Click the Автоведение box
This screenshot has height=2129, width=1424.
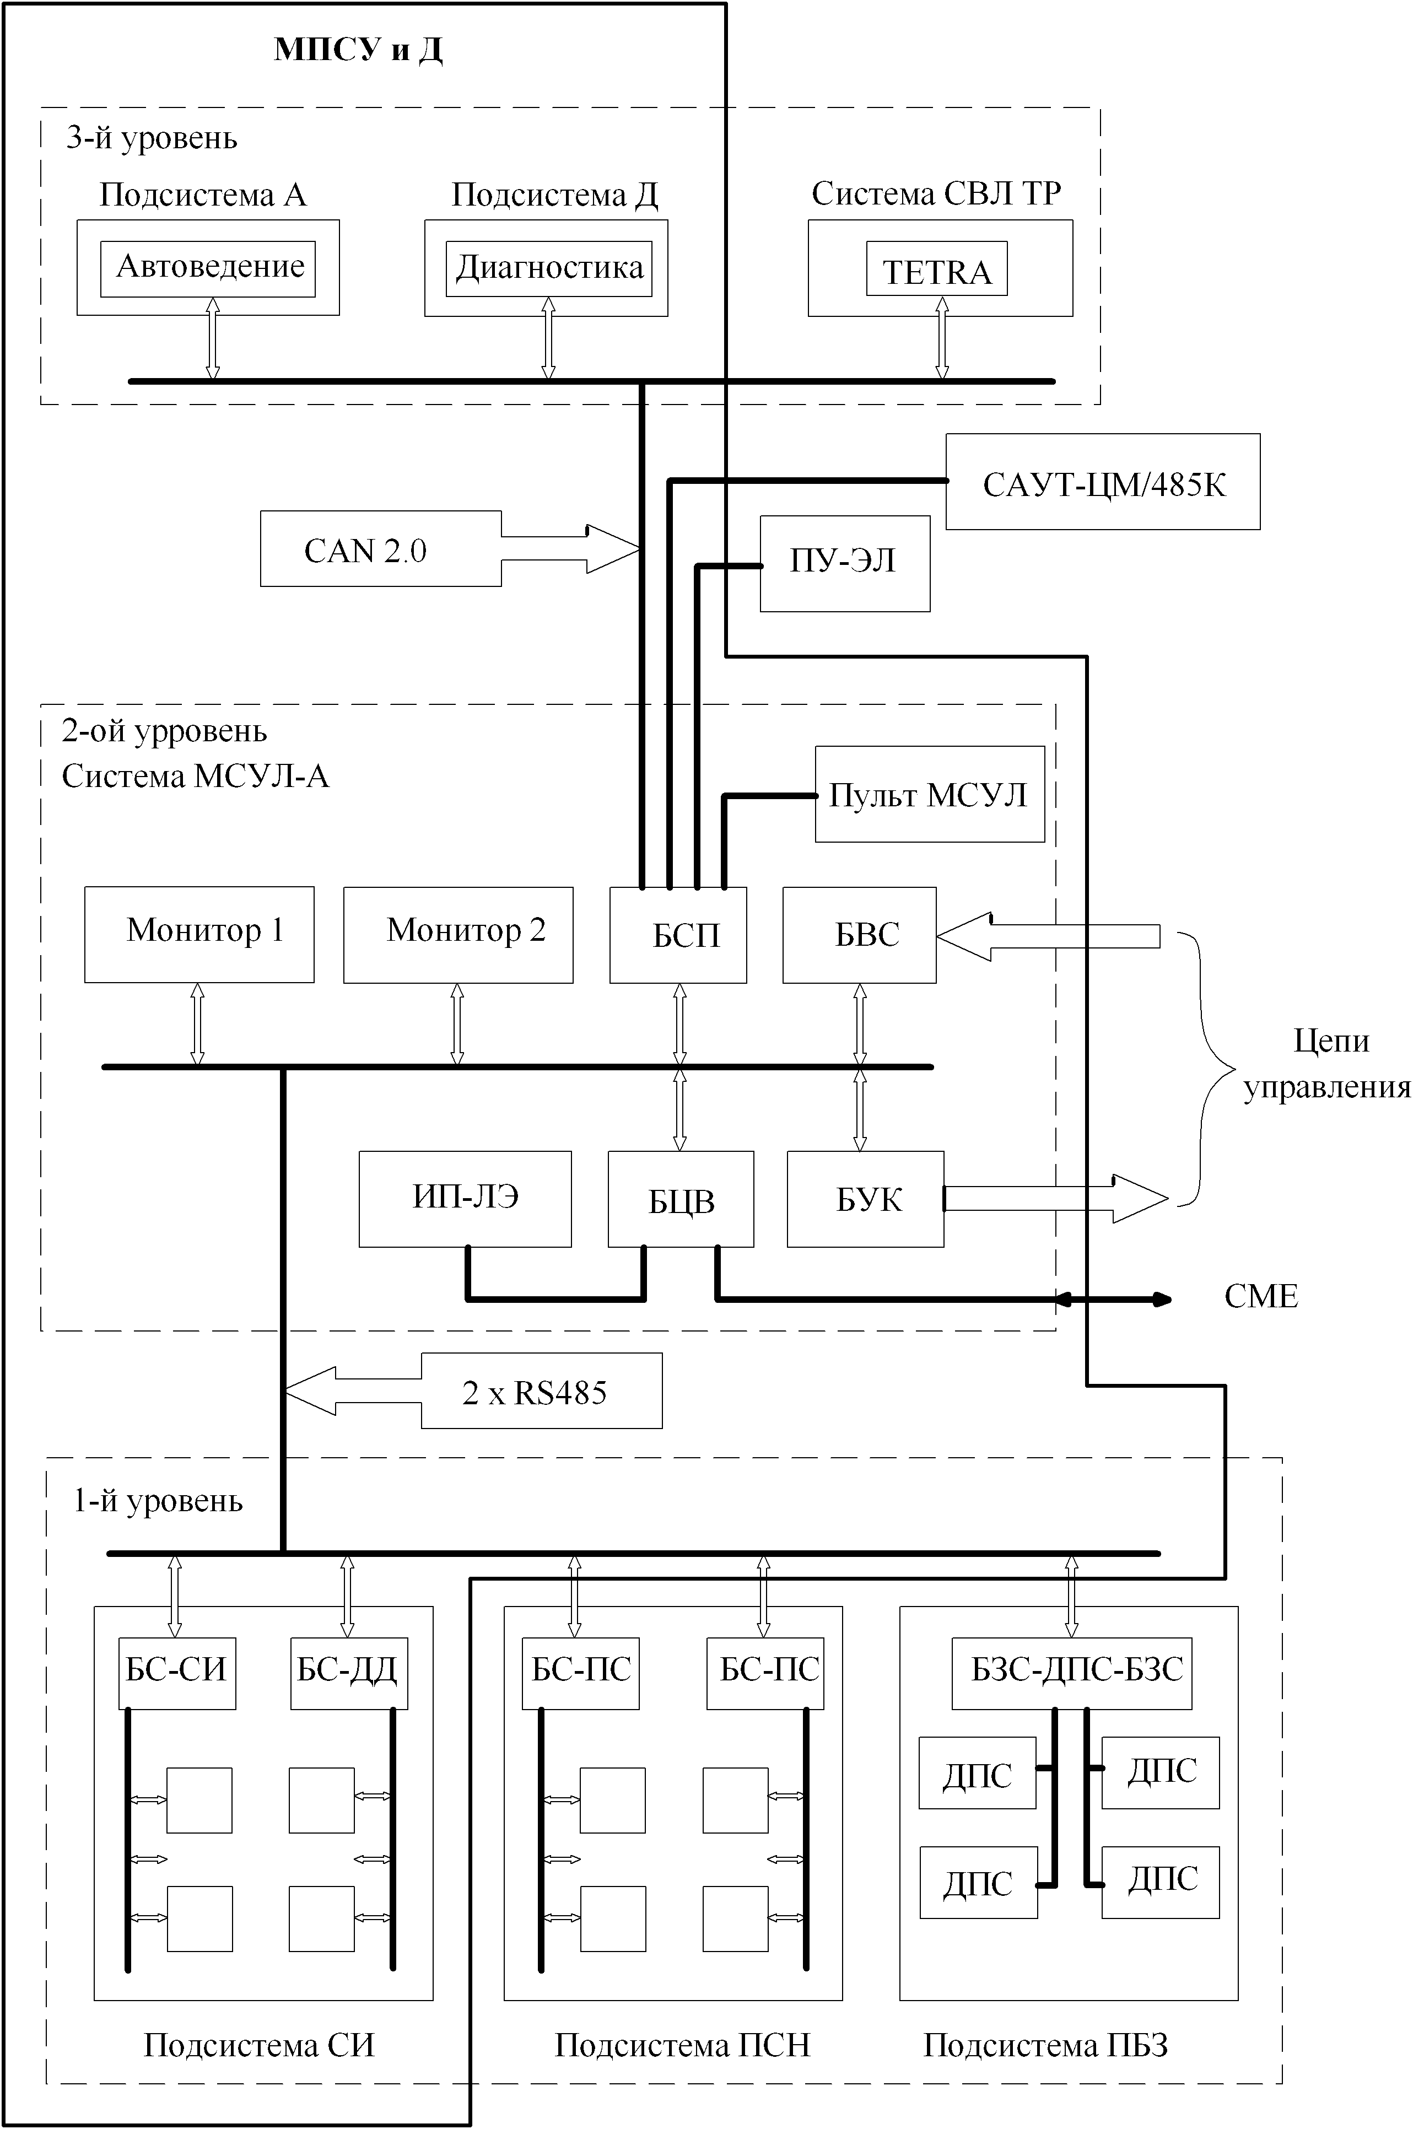point(208,269)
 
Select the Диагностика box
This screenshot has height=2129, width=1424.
point(548,269)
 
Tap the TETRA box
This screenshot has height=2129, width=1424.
point(936,269)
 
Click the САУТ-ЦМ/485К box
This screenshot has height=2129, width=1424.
point(1103,481)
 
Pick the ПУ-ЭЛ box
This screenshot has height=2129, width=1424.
point(845,563)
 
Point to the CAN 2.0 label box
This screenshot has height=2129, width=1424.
point(380,548)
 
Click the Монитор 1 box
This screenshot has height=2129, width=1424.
point(199,935)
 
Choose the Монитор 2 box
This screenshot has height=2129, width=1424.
point(458,935)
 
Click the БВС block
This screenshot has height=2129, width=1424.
point(859,935)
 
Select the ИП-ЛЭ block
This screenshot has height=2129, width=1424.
point(465,1199)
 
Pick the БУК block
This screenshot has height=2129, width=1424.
point(866,1199)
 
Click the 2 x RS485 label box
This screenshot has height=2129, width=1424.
point(541,1390)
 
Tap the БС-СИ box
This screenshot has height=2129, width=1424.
point(177,1673)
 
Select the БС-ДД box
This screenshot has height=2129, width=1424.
point(349,1673)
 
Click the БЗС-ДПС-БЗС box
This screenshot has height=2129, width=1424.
point(1072,1673)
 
